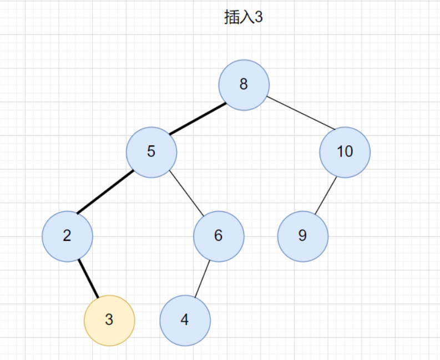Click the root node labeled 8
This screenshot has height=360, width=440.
click(x=244, y=85)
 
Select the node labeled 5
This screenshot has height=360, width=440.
click(x=151, y=152)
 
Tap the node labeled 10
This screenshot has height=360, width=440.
click(x=345, y=152)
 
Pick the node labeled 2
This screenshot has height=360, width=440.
click(x=67, y=236)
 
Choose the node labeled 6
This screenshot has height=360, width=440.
click(x=219, y=236)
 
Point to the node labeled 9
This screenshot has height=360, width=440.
click(x=303, y=236)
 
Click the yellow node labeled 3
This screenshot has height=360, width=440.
click(x=109, y=320)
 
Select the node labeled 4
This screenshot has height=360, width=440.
click(x=185, y=320)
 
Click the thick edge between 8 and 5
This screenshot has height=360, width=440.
click(x=198, y=119)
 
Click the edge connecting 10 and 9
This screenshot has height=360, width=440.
click(x=326, y=195)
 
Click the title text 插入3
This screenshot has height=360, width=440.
click(x=243, y=18)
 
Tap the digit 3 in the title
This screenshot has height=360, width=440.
click(x=258, y=18)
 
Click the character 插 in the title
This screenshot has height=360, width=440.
click(x=230, y=18)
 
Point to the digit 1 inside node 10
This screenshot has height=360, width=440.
click(x=340, y=152)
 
